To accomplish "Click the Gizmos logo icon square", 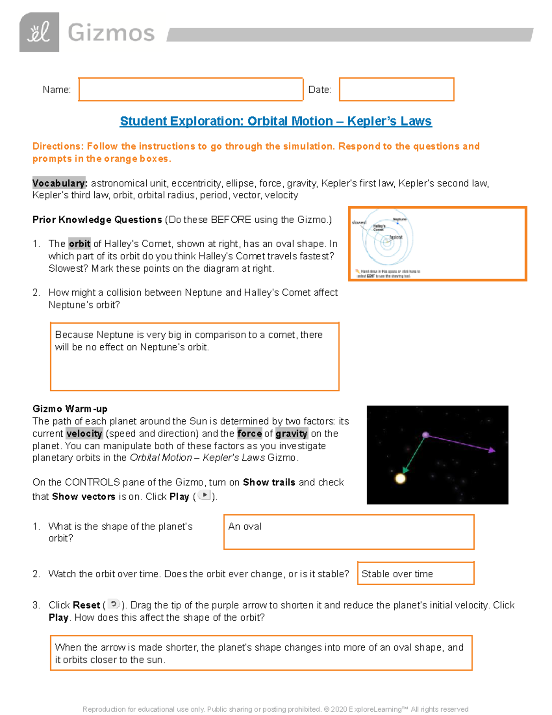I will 39,32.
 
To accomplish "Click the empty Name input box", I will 190,89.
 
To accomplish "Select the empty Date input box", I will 397,89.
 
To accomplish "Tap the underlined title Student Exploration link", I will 276,121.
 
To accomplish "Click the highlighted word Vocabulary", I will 59,183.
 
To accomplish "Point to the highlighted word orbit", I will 80,244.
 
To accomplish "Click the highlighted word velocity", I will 84,433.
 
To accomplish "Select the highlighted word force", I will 249,433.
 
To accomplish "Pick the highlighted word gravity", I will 291,433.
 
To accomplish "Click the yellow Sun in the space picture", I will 401,478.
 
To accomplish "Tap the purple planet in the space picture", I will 426,435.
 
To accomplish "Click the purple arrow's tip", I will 493,450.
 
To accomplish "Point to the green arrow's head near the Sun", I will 405,470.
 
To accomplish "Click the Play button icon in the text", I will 204,495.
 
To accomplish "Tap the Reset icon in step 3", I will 114,604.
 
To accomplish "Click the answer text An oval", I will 245,526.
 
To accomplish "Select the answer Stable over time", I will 397,574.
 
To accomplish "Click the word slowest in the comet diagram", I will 359,223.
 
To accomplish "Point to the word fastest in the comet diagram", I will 396,237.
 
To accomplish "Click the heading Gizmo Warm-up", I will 70,409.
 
